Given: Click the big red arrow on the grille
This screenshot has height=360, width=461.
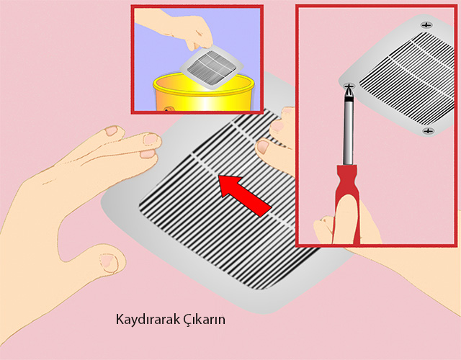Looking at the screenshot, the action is click(245, 194).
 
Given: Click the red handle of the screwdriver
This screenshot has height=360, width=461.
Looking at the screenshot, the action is click(347, 203).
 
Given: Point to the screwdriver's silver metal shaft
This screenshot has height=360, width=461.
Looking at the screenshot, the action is click(349, 132).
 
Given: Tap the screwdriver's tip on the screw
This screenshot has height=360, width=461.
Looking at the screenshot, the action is click(349, 86).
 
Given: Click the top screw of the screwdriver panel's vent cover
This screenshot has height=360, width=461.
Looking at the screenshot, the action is click(426, 25).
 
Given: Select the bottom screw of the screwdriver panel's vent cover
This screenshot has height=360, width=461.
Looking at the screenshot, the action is click(428, 131).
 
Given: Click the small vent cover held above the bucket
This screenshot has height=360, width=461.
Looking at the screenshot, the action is click(211, 66).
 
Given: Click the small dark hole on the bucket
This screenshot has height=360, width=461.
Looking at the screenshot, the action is click(166, 109).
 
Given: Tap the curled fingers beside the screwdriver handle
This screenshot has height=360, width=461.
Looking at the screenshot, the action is click(323, 230).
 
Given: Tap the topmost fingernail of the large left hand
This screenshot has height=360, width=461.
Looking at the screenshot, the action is click(112, 130).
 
